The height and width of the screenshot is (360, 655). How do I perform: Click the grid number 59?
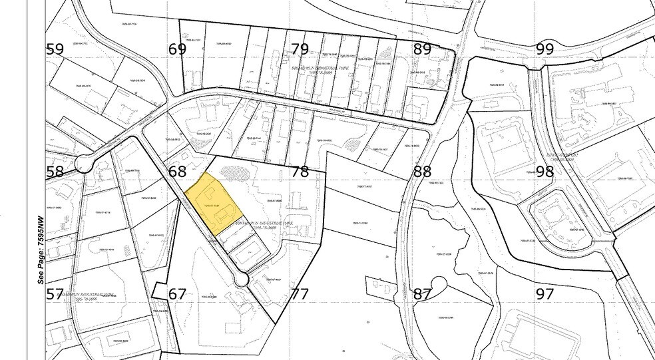(x=55, y=49)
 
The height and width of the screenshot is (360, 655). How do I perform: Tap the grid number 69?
(x=178, y=49)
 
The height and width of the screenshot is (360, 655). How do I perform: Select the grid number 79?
(x=300, y=49)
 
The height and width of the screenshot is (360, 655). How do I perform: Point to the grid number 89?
(x=423, y=49)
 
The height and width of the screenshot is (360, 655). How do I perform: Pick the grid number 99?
(x=545, y=49)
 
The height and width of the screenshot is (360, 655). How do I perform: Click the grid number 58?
(x=55, y=172)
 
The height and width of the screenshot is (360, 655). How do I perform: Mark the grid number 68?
(x=178, y=172)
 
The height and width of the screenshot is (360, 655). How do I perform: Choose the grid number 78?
(x=300, y=172)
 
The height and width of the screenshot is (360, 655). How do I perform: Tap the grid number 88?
(x=423, y=172)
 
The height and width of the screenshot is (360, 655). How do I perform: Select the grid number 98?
(x=545, y=172)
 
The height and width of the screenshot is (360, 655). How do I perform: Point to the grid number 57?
(x=55, y=294)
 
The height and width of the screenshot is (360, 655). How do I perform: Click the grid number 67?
(x=178, y=294)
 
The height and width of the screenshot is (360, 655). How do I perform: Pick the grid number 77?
(x=300, y=294)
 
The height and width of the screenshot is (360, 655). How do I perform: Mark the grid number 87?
(x=423, y=294)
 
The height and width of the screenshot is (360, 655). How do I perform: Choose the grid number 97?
(x=545, y=294)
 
